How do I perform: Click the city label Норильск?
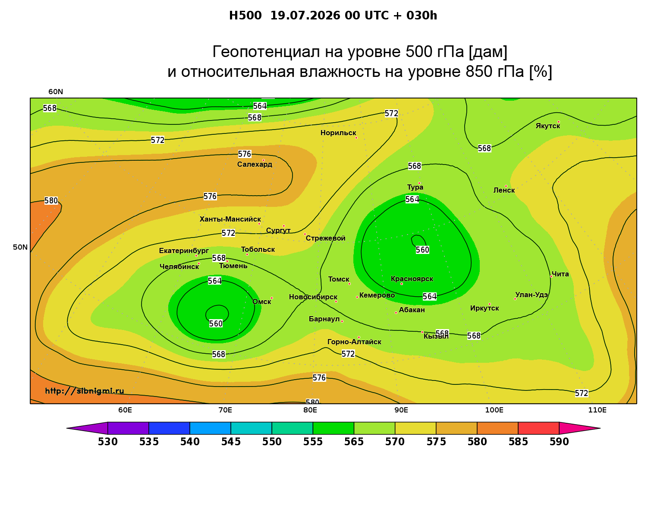[x=338, y=133]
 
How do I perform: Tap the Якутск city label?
[x=548, y=126]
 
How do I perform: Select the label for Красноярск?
[x=412, y=279]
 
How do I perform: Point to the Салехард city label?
[x=255, y=164]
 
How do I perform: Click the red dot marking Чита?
[x=551, y=276]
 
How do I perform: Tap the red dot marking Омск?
[x=272, y=298]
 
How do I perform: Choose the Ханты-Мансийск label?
[x=230, y=219]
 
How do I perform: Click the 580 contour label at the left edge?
[x=51, y=200]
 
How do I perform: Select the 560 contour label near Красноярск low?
[x=422, y=250]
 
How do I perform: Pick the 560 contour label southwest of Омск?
[x=216, y=323]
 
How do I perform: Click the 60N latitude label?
[x=56, y=92]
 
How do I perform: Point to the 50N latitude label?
[x=20, y=247]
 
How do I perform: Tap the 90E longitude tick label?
[x=401, y=410]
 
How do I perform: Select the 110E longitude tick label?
[x=597, y=410]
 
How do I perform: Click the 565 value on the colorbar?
[x=354, y=442]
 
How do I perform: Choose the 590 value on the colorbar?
[x=559, y=442]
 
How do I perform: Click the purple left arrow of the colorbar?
[x=87, y=428]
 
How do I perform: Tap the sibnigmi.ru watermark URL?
[x=85, y=391]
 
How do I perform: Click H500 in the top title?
[x=245, y=16]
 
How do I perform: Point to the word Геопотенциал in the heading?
[x=266, y=51]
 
